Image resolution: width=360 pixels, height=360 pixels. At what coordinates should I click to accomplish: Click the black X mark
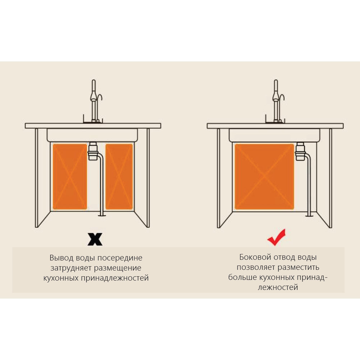(95, 240)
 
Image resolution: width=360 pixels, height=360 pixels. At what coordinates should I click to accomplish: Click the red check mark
(277, 237)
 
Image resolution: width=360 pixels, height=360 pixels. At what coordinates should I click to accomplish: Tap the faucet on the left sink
(94, 101)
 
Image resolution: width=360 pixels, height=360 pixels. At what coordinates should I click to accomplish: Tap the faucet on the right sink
(276, 101)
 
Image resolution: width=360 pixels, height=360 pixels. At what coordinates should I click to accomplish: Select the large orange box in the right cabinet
(264, 176)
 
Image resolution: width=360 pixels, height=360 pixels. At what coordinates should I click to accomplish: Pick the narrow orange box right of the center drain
(119, 176)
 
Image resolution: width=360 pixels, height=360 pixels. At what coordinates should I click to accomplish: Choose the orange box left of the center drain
(70, 176)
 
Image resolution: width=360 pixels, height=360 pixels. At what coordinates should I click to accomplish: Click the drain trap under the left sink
(93, 151)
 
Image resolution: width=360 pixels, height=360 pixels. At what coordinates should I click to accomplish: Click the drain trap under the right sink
(300, 151)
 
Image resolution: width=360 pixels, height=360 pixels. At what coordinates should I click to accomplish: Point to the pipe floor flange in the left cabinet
(101, 215)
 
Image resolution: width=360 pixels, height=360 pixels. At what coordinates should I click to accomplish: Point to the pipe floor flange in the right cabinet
(309, 215)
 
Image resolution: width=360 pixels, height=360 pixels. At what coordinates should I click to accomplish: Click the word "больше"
(243, 277)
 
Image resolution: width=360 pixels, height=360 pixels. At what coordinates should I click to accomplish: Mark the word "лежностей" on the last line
(278, 287)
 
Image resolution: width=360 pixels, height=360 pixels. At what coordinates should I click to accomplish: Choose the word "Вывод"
(61, 258)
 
